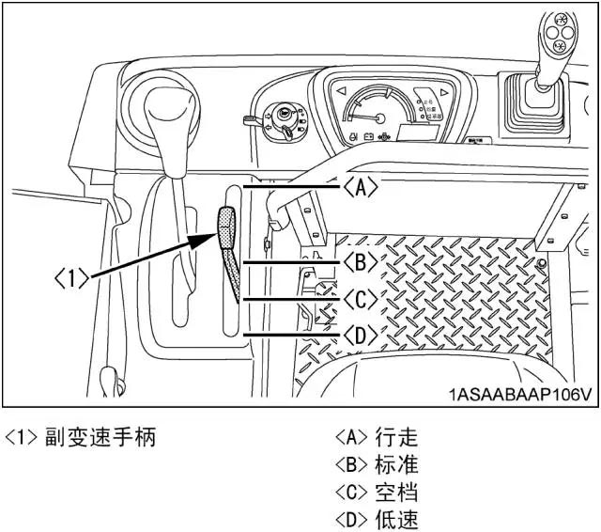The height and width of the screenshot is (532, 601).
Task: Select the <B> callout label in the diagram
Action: coord(360,260)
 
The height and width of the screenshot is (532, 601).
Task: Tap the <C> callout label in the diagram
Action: coord(360,299)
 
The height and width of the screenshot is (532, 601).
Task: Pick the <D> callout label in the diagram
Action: coord(360,336)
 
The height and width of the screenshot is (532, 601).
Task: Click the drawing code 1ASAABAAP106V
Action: coord(519,394)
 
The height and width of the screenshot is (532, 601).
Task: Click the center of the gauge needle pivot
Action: coord(378,119)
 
